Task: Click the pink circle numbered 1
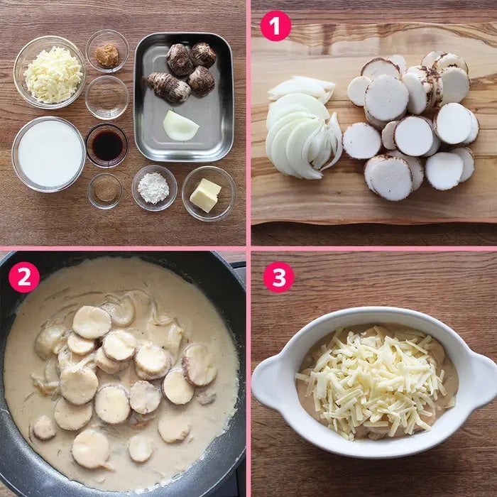pos(275,26)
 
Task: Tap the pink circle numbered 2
pos(24,277)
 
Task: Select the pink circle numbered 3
pos(278,277)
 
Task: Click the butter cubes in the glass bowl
pos(205,195)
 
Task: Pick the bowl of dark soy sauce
pos(106,145)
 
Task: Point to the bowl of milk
pos(49,154)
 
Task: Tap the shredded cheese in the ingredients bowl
pos(53,75)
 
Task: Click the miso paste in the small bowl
pos(107,55)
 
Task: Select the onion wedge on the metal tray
pos(180,126)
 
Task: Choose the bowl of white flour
pos(154,188)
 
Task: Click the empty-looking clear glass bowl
pos(106,97)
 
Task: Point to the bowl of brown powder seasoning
pos(105,191)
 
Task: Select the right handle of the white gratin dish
pos(481,379)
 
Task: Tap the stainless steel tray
pos(184,97)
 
